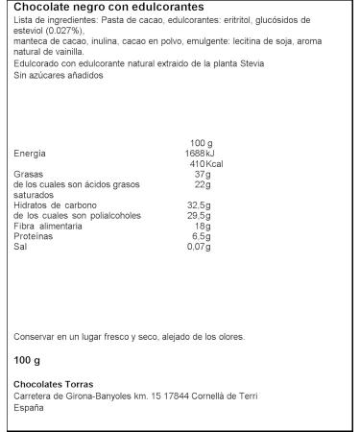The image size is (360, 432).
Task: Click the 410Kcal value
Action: click(201, 164)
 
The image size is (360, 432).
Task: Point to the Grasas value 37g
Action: click(202, 174)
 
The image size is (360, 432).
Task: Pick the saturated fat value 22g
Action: click(202, 184)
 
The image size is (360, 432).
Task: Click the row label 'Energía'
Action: click(29, 154)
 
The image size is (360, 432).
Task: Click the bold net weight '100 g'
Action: click(27, 360)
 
